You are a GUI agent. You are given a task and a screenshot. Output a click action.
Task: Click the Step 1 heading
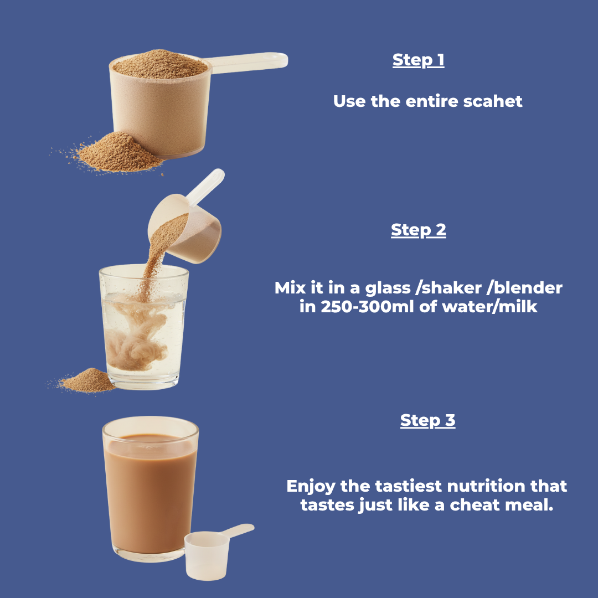(x=418, y=60)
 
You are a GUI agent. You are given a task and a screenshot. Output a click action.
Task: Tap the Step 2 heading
(x=418, y=230)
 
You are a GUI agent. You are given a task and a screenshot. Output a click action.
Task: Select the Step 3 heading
(x=427, y=420)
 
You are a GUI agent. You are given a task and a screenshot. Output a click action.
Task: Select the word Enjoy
(x=311, y=486)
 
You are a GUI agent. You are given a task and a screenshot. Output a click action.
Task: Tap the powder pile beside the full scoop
(x=119, y=152)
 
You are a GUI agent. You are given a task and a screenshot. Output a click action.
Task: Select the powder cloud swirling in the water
(x=136, y=338)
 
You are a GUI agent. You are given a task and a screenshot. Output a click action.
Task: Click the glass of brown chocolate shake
(x=149, y=487)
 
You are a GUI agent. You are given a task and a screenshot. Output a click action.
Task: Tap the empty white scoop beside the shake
(x=208, y=554)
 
